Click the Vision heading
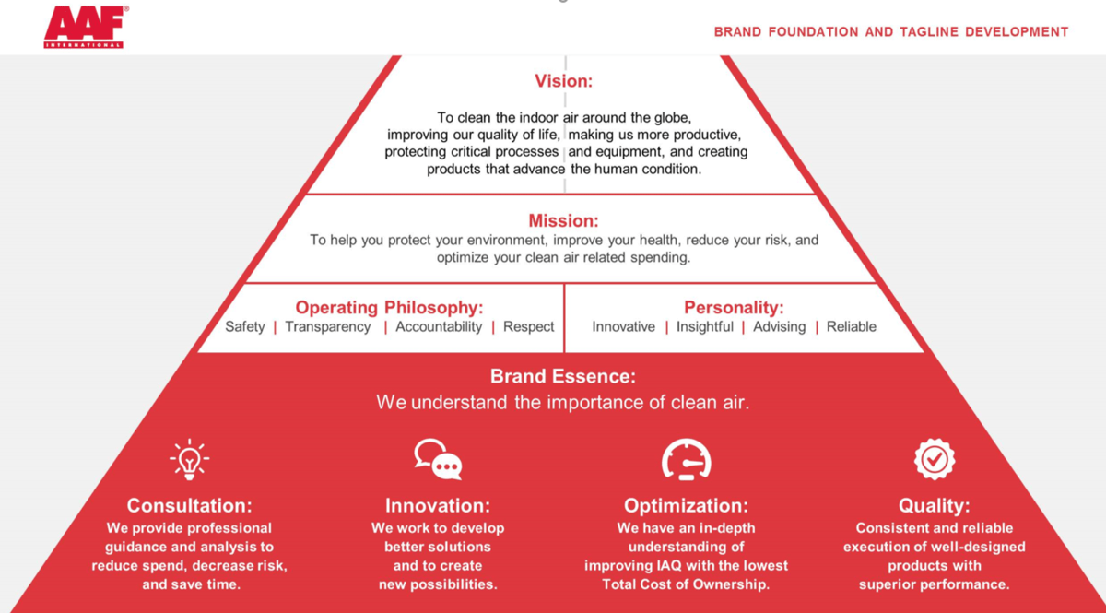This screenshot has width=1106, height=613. pos(563,81)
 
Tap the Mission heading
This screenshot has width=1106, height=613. pos(563,220)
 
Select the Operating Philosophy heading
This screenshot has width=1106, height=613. pos(389,308)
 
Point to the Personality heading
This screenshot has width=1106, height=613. pos(734,308)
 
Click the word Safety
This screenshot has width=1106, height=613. pos(245,327)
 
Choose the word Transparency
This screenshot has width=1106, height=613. pos(328,327)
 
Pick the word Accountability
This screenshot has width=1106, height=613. pos(439,327)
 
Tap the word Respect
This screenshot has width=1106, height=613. pos(528,327)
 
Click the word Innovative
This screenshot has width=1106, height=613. pos(624,327)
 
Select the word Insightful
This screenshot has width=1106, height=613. pos(704,327)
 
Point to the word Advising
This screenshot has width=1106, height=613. pos(779,327)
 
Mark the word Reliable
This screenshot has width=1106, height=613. pos(852,327)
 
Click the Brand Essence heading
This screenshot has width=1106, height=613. pos(563,376)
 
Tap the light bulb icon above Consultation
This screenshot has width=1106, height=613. pos(189,459)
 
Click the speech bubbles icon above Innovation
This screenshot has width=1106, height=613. pos(438,459)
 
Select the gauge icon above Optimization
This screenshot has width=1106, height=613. pos(687,459)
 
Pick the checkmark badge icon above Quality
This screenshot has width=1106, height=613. pos(935,459)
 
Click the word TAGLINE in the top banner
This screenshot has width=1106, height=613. pos(929,32)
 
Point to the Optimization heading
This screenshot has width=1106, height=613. pos(686,506)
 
